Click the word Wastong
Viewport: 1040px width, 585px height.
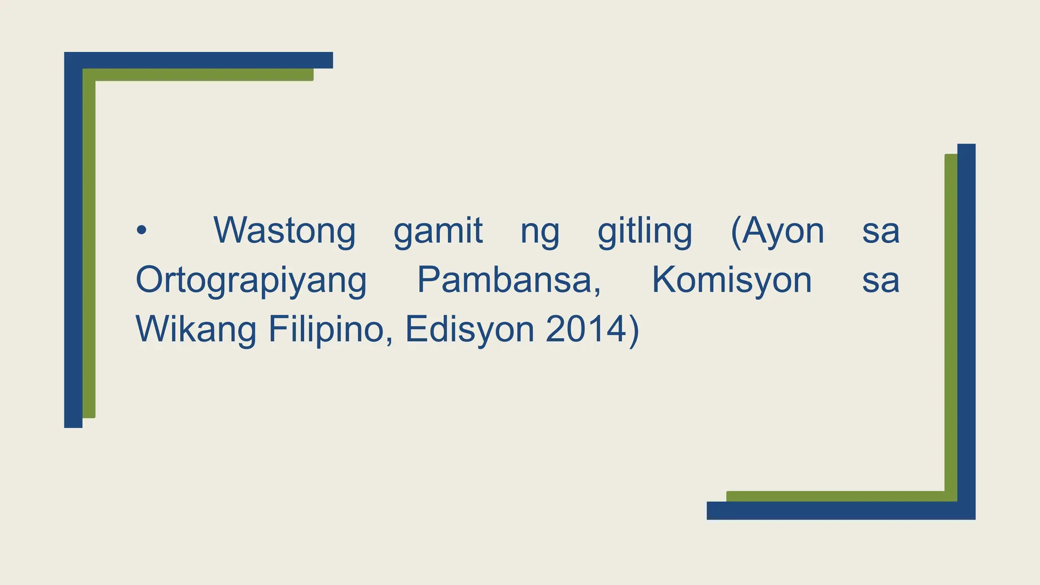point(284,231)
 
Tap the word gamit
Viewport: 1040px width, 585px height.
point(438,232)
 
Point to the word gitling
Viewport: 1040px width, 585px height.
point(644,232)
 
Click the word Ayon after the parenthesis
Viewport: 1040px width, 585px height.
point(783,232)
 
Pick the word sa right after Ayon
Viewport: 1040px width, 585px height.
point(881,232)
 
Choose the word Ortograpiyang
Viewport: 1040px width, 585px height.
point(251,280)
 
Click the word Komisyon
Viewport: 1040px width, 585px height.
point(732,280)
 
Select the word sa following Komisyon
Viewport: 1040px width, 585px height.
point(881,281)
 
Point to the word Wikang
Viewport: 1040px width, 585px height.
point(196,330)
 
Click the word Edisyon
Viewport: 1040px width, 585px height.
point(470,330)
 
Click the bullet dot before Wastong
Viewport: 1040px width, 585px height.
point(141,231)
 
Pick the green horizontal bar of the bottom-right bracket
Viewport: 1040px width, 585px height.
point(835,496)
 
